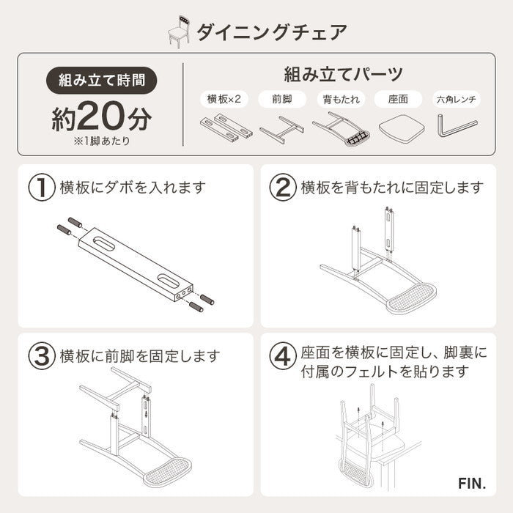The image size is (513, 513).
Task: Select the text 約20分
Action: (x=102, y=117)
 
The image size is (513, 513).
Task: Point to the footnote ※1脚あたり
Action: (x=102, y=141)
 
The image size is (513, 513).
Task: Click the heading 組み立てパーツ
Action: (x=343, y=74)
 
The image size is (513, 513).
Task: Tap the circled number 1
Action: (x=42, y=188)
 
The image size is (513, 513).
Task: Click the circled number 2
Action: (x=282, y=188)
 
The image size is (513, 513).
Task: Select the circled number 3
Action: (x=42, y=356)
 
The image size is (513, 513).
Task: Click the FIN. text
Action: (x=473, y=484)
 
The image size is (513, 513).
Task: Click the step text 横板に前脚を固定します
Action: (x=139, y=357)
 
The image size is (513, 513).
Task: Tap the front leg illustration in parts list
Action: (x=281, y=128)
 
